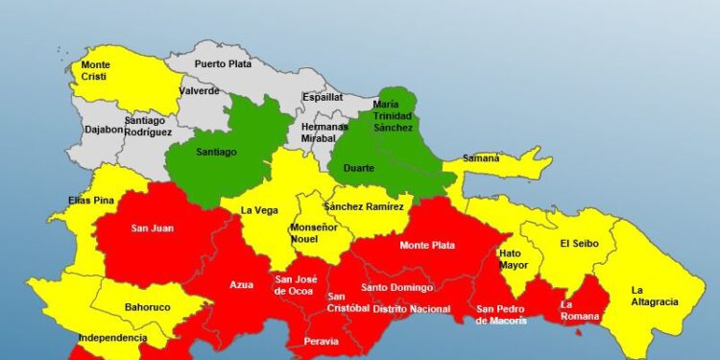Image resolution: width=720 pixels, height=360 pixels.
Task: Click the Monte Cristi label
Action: coord(95,71)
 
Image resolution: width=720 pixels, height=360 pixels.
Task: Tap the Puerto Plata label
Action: coord(224,64)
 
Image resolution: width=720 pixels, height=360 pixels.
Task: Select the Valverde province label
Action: coord(199,91)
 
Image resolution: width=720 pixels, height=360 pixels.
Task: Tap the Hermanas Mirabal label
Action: coord(324,132)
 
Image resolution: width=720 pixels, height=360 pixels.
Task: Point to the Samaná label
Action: coord(481,158)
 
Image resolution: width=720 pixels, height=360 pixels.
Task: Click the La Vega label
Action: coord(259,210)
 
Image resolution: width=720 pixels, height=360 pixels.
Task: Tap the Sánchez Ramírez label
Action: coord(368,205)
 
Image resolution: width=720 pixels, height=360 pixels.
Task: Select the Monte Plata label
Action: coord(428,246)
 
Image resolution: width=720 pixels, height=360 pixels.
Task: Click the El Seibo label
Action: coord(579,244)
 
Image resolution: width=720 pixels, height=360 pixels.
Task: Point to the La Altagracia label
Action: coord(655,296)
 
